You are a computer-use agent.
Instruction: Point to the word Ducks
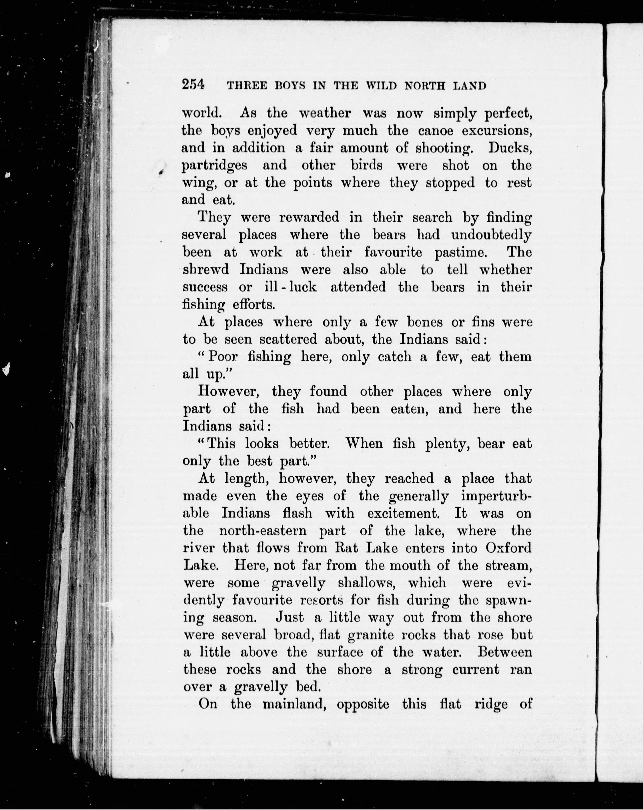(510, 148)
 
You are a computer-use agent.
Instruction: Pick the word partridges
(214, 166)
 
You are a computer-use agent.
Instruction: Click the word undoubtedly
(491, 235)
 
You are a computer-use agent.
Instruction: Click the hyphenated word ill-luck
(290, 287)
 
